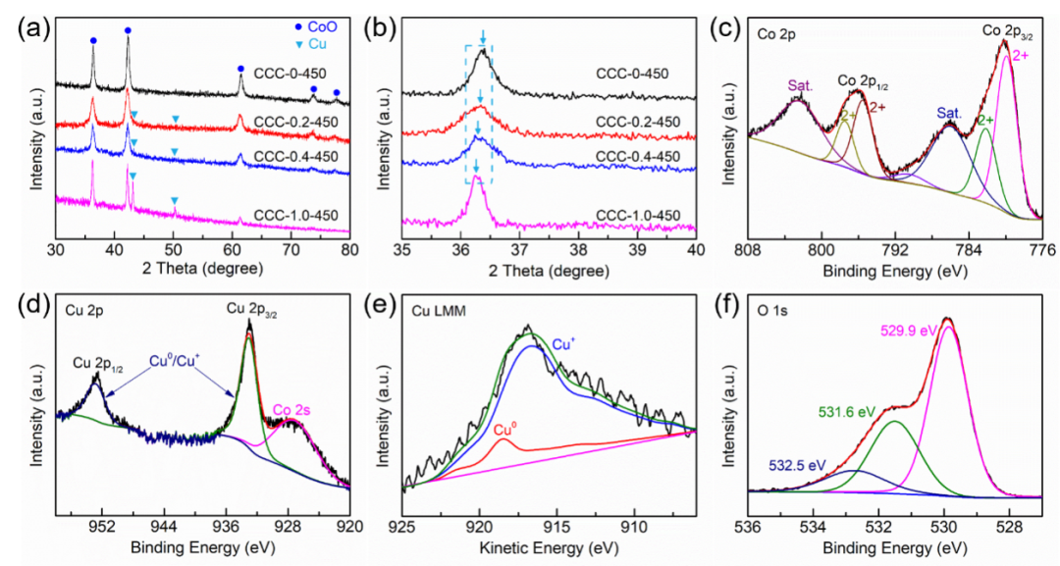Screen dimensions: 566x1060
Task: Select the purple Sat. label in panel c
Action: pos(801,86)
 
